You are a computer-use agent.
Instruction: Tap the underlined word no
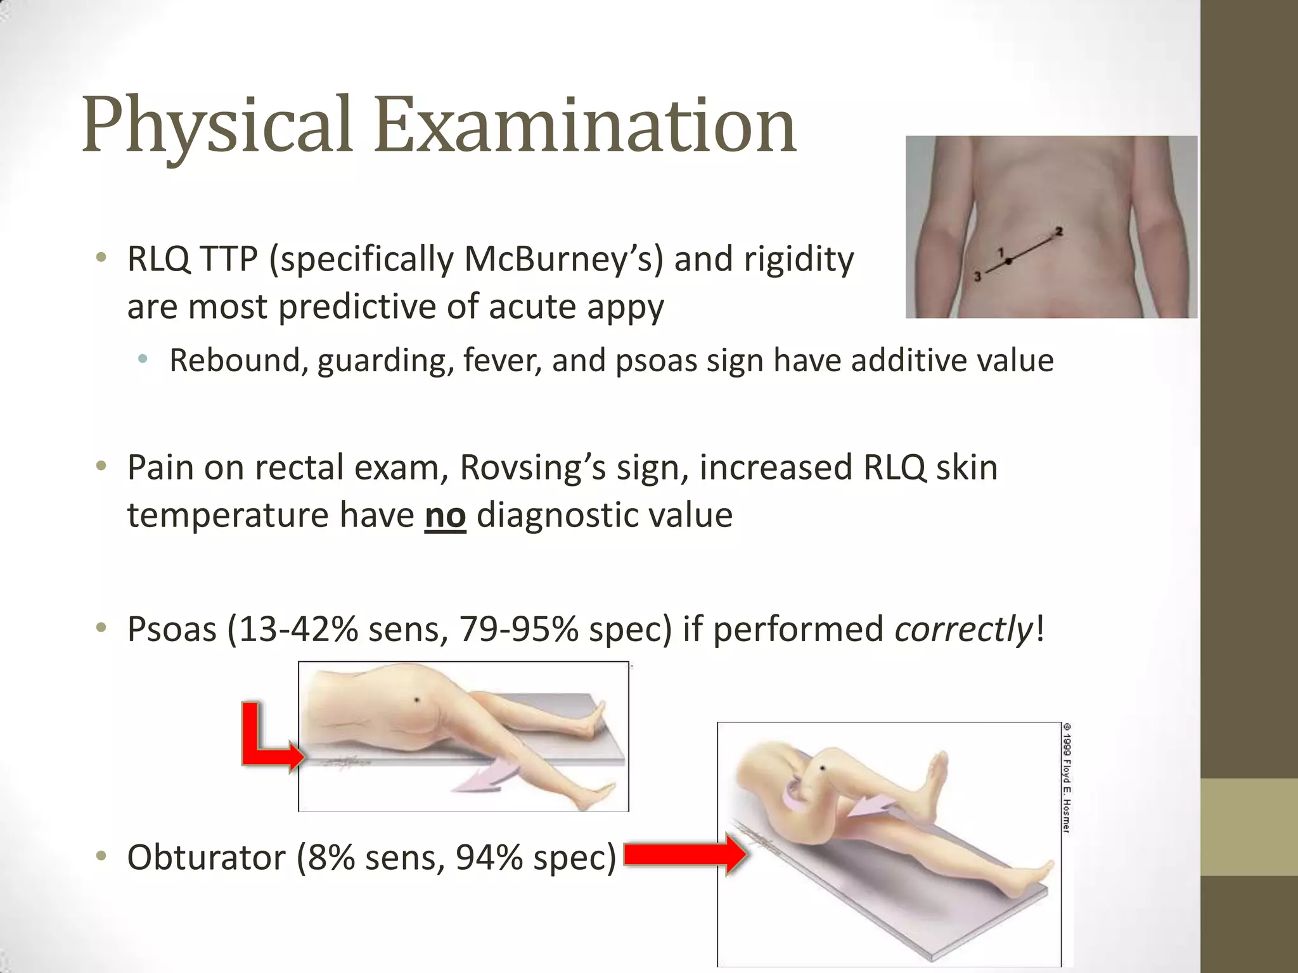[445, 515]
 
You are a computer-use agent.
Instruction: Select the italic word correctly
[963, 630]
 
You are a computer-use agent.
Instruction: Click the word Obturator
[205, 858]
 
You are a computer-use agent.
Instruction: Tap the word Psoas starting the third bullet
[172, 630]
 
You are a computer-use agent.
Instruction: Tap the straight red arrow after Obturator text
[684, 855]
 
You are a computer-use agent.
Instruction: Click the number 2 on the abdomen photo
[1058, 232]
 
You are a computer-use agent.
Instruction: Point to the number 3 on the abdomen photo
[977, 276]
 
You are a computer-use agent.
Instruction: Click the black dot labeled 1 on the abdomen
[1009, 260]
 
